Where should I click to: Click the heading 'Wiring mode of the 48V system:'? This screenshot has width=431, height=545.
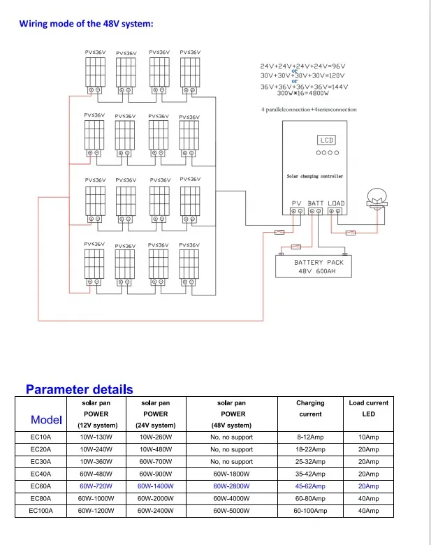86,24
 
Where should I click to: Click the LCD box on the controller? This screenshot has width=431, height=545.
327,140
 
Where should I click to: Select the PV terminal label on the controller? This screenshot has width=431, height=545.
296,203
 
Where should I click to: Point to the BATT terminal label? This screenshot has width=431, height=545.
316,203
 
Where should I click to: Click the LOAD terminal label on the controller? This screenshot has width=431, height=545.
336,203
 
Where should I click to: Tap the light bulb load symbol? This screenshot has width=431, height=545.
377,199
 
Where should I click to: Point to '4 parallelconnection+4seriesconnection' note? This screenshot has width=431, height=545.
308,110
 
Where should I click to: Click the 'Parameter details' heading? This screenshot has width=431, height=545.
79,389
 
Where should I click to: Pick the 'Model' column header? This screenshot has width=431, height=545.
46,419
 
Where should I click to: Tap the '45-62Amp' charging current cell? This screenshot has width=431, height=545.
310,486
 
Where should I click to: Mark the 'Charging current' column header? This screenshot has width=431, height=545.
310,408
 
